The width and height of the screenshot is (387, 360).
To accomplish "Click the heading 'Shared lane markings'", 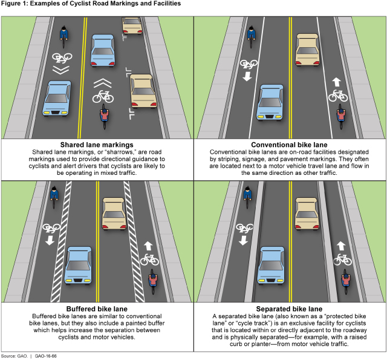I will pos(96,145).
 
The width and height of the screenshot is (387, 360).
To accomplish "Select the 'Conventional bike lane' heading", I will pos(290,145).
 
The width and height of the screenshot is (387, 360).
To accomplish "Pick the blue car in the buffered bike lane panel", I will pos(78,264).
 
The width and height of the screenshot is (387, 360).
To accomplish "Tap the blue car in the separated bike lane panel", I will pos(272,264).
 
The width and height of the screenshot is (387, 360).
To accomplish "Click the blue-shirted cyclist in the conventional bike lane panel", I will pos(252,36).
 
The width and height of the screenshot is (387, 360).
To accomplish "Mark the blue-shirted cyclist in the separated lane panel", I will pos(248,195).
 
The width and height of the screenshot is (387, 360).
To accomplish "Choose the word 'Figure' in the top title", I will pos(12,4).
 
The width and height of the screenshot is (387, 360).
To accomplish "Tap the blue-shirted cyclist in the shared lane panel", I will pos(64,34).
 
